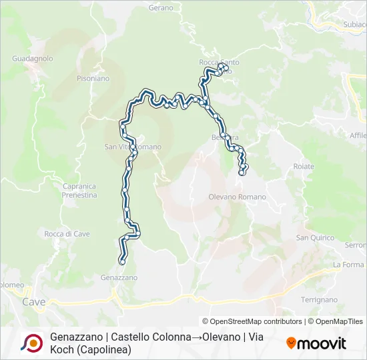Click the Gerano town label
tap(161, 7)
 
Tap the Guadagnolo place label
tap(32, 59)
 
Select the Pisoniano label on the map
tap(93, 78)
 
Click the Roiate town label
tap(303, 166)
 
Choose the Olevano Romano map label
tap(237, 197)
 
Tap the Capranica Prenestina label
tap(79, 191)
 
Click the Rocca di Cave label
tap(67, 234)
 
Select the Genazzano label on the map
tap(119, 277)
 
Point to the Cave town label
tap(33, 302)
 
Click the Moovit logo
tap(316, 343)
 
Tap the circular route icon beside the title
tap(31, 343)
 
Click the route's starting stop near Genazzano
tap(121, 262)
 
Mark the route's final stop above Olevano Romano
tap(241, 173)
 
